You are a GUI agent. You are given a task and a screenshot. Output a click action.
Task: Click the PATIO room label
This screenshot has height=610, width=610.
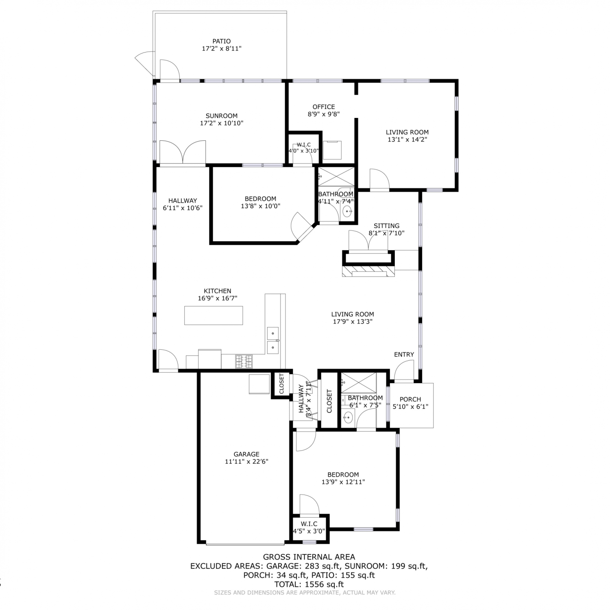222,41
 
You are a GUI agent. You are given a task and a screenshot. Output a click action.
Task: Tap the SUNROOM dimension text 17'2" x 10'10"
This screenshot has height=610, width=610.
222,123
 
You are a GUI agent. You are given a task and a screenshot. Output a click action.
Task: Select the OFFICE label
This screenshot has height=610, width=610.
324,107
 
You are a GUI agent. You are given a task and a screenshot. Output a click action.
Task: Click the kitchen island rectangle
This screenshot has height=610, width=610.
213,315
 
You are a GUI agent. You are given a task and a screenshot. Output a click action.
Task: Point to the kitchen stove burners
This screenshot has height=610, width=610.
244,359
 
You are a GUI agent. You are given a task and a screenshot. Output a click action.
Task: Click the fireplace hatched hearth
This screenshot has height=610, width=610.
368,271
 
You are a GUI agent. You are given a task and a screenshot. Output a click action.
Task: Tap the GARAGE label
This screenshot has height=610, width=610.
246,454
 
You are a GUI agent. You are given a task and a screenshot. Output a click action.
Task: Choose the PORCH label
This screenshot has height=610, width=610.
410,399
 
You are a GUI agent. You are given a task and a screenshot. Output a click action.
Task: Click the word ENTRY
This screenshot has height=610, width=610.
404,355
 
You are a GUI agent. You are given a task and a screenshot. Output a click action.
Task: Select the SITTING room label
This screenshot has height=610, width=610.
387,226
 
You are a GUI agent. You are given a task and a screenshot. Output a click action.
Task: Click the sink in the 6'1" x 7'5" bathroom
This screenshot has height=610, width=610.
348,417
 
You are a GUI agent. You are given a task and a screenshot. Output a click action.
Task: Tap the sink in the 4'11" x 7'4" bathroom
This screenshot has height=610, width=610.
347,211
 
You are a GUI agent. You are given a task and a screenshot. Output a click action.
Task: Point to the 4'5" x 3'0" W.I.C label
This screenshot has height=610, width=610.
309,524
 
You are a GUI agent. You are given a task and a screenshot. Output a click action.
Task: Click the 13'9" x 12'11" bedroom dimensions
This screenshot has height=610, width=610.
343,482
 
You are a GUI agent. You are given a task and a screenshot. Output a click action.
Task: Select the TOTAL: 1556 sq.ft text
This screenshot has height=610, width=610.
309,584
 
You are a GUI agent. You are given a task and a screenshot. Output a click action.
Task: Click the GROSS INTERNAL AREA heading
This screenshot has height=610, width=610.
309,557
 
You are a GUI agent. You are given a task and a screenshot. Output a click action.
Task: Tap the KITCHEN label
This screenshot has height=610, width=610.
218,291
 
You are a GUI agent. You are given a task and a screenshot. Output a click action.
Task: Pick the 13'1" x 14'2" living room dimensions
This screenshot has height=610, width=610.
407,139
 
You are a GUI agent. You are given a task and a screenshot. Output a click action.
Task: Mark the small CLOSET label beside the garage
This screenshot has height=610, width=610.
282,384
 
